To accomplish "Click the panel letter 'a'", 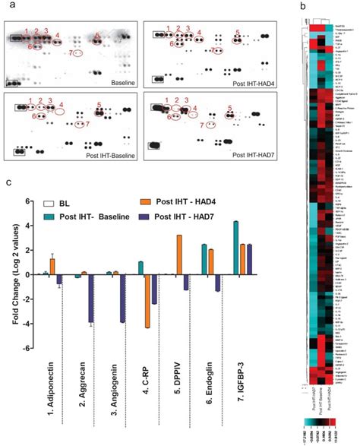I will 8,6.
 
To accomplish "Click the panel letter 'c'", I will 8,182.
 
